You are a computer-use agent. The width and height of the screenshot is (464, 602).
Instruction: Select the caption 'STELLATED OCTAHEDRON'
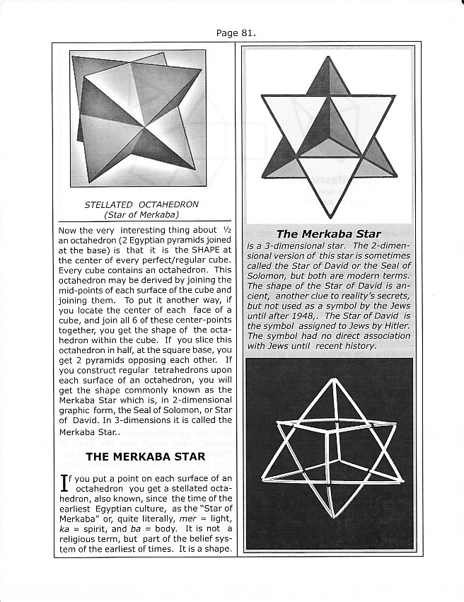[x=141, y=204]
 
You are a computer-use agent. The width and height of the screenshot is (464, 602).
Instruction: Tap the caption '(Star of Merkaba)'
[x=141, y=214]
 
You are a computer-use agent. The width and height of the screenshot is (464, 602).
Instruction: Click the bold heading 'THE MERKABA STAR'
[x=145, y=456]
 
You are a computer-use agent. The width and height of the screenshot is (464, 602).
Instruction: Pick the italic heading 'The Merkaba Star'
[x=328, y=233]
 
